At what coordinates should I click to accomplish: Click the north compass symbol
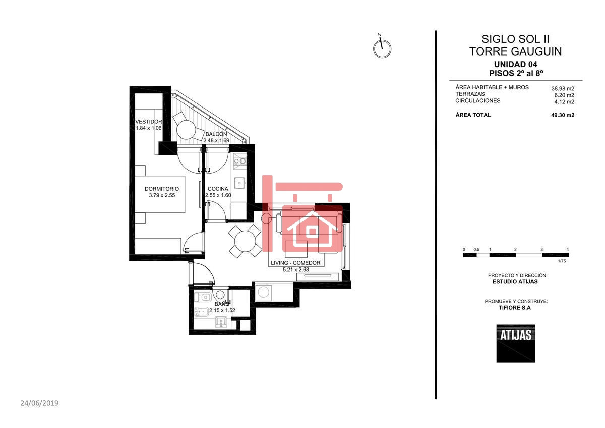[382, 48]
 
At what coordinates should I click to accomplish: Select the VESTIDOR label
[149, 122]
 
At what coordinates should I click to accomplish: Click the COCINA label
[217, 189]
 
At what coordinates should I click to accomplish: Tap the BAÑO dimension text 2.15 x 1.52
[222, 310]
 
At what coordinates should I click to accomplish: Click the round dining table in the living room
[245, 241]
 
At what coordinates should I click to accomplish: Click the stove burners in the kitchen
[239, 162]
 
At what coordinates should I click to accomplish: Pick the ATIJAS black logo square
[515, 343]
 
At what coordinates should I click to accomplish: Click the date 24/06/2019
[39, 403]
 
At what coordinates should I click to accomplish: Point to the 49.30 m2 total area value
[563, 115]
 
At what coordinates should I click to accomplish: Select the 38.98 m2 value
[563, 88]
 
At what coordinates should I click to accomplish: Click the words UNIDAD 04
[515, 64]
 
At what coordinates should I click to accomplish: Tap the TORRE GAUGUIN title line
[515, 51]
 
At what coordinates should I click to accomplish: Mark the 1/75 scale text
[562, 261]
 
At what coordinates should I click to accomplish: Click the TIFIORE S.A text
[515, 307]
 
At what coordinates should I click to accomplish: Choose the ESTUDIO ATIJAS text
[515, 282]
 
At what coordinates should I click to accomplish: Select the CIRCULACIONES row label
[478, 101]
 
